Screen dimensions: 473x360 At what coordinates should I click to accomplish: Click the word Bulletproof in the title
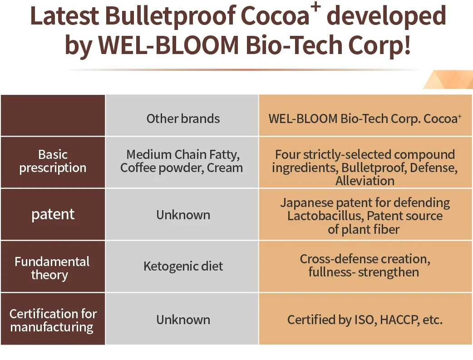[170, 16]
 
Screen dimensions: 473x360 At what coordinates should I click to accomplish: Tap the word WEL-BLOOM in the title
[168, 45]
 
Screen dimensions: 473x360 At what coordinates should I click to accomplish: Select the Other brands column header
[183, 118]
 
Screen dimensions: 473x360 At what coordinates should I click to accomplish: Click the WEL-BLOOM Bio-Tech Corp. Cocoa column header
[365, 118]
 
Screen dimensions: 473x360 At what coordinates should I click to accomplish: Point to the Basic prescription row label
[53, 161]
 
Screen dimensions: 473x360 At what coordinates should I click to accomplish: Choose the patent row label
[53, 215]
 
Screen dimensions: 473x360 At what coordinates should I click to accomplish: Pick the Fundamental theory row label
[52, 268]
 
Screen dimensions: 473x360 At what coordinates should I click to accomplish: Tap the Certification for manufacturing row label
[53, 321]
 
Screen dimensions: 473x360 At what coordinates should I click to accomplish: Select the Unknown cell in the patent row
[183, 215]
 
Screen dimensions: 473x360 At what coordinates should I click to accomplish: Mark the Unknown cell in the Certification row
[183, 320]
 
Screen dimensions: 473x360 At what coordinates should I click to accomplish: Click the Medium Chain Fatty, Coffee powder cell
[182, 161]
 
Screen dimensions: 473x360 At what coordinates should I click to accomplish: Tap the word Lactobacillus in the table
[325, 216]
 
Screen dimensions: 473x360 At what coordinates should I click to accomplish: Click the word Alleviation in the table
[365, 181]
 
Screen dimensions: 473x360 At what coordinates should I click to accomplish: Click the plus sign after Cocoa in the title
[316, 7]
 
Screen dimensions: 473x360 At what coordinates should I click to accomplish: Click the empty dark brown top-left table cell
[53, 115]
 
